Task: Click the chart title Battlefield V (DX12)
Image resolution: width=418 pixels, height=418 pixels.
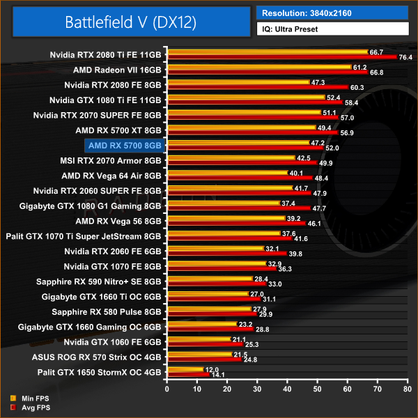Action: pos(131,22)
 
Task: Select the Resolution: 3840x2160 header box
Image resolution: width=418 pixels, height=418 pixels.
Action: pos(332,13)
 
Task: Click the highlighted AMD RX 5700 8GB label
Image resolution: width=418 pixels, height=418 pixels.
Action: pos(124,145)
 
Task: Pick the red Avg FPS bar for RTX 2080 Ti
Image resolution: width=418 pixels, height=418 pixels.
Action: pos(279,57)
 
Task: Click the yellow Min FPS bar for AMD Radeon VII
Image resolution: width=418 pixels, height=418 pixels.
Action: pos(258,67)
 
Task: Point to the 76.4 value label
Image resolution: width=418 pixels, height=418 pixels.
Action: pos(406,57)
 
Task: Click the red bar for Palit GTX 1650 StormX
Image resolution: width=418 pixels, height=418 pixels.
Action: pos(187,375)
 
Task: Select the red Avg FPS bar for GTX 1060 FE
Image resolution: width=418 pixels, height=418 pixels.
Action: pos(204,344)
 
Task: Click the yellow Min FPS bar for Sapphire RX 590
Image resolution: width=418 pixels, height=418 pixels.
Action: pos(209,279)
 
